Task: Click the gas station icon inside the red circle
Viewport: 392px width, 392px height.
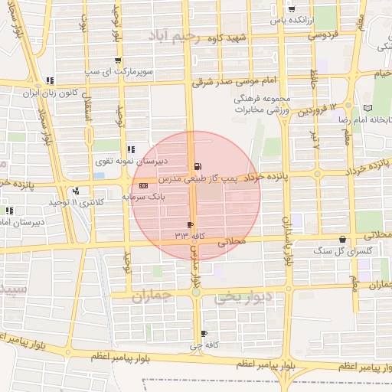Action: pos(198,166)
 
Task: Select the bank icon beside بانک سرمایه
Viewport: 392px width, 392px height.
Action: pos(143,186)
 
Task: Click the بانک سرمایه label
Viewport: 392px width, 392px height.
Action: pos(143,197)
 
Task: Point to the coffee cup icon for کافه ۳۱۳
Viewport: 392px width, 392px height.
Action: pos(190,225)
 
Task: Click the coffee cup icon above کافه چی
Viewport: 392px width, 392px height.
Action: pos(203,334)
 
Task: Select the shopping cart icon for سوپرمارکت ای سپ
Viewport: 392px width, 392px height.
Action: pos(116,61)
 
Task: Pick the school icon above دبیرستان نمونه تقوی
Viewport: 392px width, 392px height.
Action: pos(131,149)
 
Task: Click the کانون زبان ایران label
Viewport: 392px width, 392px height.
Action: pos(51,92)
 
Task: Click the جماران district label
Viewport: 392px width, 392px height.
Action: pos(153,296)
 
